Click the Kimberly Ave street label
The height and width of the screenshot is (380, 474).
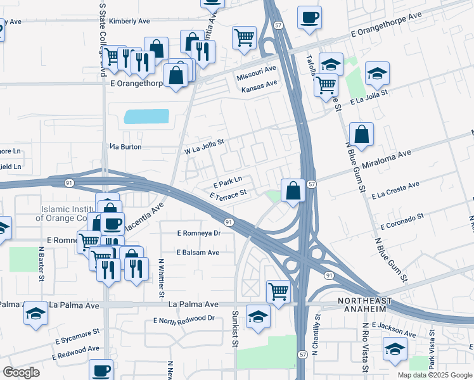[x=129, y=21]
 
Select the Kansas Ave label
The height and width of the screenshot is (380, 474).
[x=259, y=84]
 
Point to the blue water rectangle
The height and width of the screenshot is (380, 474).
[x=147, y=116]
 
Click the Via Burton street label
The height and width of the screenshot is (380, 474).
[x=125, y=146]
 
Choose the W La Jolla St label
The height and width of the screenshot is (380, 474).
[x=205, y=151]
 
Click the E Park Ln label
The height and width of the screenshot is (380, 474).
[x=228, y=180]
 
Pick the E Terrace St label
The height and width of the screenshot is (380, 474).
[x=227, y=194]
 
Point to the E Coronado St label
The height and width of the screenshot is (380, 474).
[x=402, y=222]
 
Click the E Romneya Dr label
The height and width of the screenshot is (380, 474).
[x=199, y=233]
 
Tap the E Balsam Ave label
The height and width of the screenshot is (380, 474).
[x=198, y=252]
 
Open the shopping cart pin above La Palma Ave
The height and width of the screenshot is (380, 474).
[x=278, y=291]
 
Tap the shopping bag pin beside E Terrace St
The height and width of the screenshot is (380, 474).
[x=293, y=189]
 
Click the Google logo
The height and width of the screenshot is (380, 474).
[x=21, y=372]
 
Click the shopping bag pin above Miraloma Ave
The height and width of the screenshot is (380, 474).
[x=361, y=134]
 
